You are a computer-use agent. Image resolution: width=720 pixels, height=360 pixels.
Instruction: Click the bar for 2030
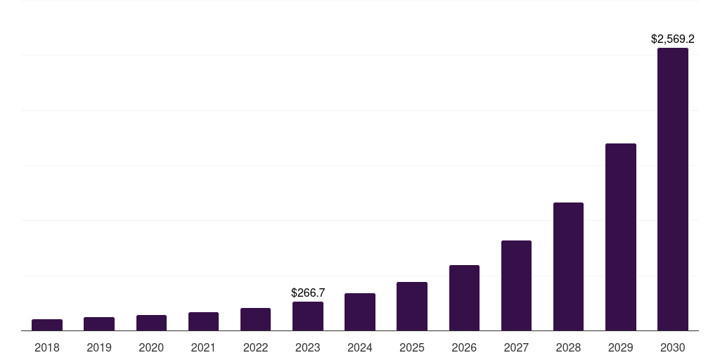click(672, 189)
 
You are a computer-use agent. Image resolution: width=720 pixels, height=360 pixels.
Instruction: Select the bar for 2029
click(620, 237)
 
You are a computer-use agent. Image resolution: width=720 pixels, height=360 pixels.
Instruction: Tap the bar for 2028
click(568, 266)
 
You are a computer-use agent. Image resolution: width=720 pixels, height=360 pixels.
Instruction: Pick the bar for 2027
click(516, 285)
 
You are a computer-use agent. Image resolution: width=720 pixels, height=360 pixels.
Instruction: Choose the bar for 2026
click(464, 297)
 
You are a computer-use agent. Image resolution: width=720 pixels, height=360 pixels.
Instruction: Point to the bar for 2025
click(412, 306)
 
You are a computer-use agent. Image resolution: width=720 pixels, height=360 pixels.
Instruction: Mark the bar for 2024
click(360, 311)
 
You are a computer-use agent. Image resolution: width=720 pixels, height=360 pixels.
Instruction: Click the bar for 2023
click(308, 316)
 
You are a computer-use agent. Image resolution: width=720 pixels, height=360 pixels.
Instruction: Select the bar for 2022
click(255, 319)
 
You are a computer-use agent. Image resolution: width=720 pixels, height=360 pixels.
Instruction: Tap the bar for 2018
click(47, 325)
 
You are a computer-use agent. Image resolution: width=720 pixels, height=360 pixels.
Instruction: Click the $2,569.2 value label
click(672, 39)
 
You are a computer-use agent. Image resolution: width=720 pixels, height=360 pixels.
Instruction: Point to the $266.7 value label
click(308, 292)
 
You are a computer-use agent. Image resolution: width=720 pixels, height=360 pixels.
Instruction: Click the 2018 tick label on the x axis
click(47, 347)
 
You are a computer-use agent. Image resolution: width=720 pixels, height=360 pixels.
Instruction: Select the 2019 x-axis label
click(99, 347)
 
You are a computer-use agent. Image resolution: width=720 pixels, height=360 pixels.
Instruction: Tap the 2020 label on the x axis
click(151, 347)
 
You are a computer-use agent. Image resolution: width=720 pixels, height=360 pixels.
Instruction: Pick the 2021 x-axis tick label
click(203, 347)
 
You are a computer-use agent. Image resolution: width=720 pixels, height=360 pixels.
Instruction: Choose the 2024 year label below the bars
click(360, 347)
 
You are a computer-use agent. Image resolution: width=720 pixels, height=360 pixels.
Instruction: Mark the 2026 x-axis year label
click(464, 347)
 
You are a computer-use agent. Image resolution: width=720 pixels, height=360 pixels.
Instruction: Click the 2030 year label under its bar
click(672, 347)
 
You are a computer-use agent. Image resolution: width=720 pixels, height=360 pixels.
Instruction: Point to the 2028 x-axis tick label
click(568, 347)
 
